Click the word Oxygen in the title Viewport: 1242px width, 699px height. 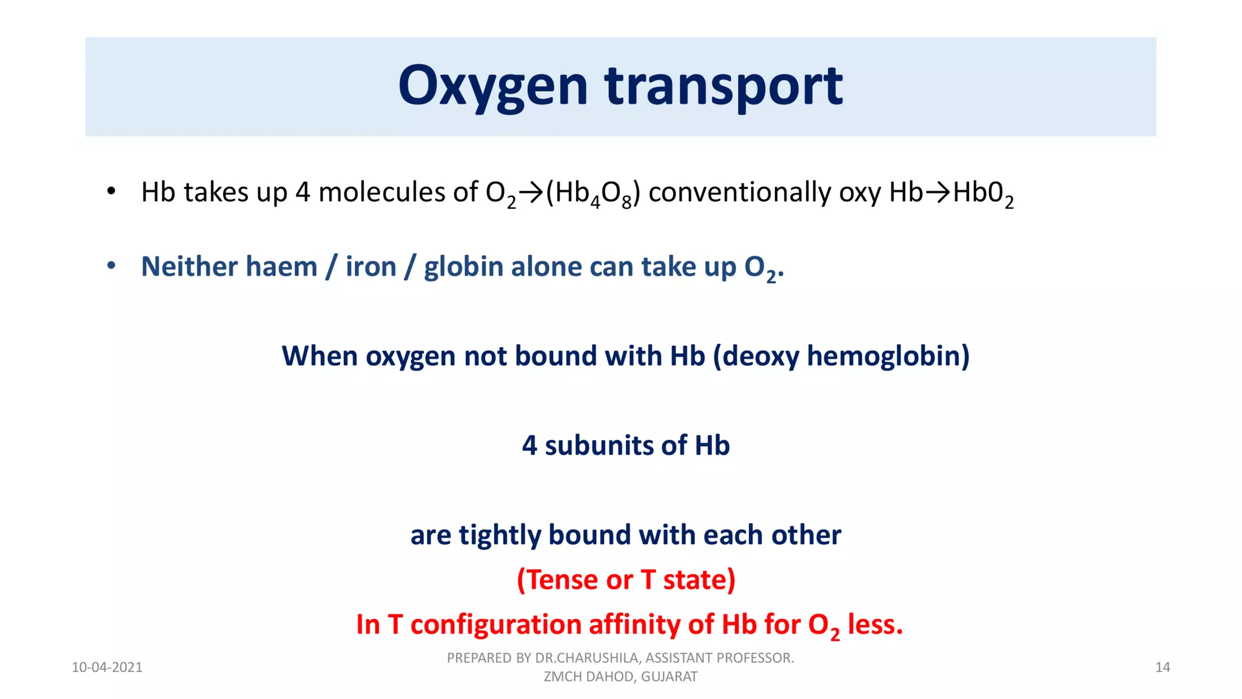[x=492, y=86]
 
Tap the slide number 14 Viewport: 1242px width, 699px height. [x=1162, y=667]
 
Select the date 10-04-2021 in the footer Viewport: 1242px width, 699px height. [x=107, y=667]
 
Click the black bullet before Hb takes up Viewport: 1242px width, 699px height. [x=110, y=192]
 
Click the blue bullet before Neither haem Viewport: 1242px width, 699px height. [x=110, y=266]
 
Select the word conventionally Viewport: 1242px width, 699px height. [x=739, y=193]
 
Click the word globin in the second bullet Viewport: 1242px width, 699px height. [x=463, y=267]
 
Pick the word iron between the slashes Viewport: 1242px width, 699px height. [x=371, y=266]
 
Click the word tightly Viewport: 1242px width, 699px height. [x=499, y=535]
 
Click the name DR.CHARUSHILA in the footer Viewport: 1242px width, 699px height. [x=586, y=658]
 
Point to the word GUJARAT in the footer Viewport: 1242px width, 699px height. [x=669, y=677]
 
